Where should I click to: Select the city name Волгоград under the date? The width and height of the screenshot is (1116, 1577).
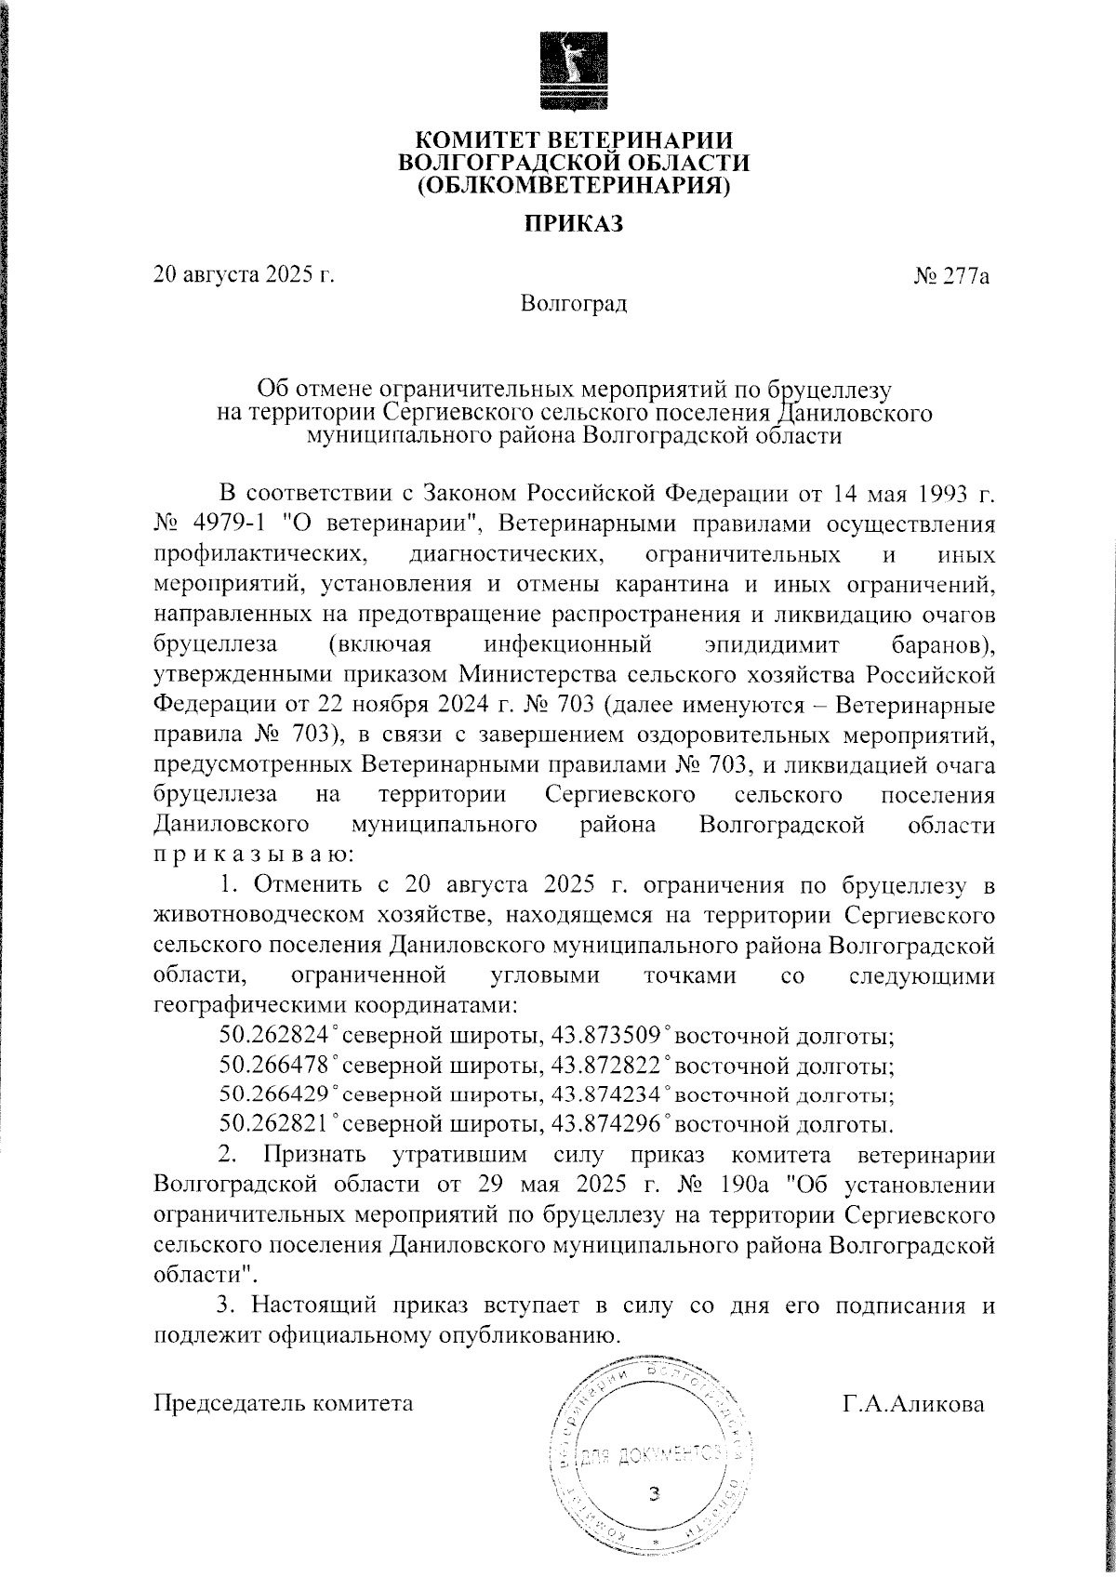tap(574, 303)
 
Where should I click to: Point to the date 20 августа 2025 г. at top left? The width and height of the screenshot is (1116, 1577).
tap(244, 276)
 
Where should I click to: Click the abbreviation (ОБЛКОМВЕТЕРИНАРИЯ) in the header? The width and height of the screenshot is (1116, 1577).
tap(573, 186)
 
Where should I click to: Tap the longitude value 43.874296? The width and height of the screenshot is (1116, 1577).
tap(605, 1125)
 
